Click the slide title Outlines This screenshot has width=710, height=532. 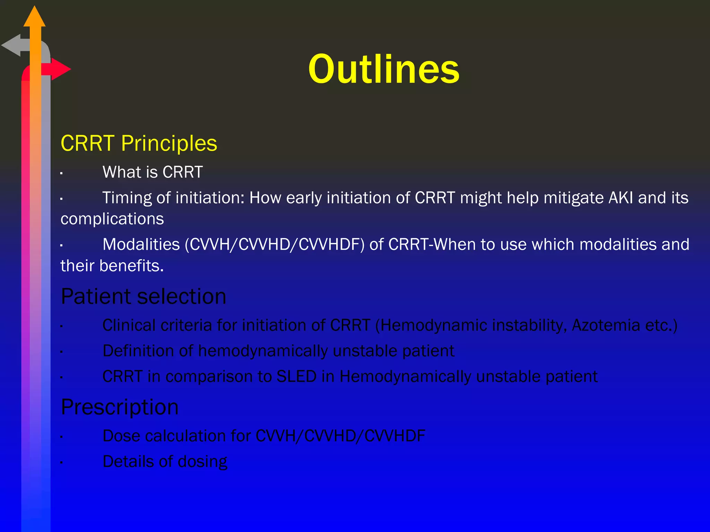tap(383, 69)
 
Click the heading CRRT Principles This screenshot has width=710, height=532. tap(139, 143)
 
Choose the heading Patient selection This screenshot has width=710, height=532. tap(143, 296)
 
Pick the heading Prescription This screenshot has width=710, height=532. tap(120, 407)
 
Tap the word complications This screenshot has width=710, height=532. tap(112, 219)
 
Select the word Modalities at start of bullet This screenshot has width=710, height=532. tap(141, 245)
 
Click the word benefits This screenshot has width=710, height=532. tap(131, 266)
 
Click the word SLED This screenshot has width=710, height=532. tap(296, 376)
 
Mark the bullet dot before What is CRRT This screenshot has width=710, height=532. tap(61, 173)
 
